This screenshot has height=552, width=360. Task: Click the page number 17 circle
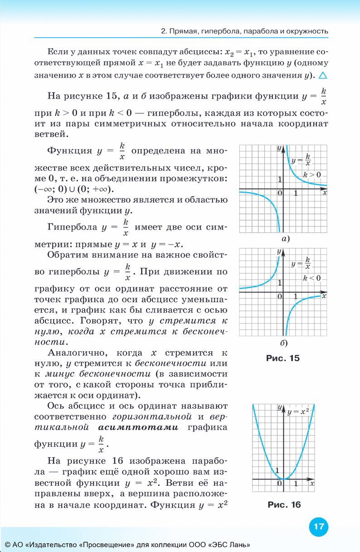pos(318,527)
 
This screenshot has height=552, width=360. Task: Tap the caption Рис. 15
pos(282,358)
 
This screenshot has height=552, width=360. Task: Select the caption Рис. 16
pos(284,504)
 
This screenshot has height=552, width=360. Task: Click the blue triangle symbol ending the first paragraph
pos(323,75)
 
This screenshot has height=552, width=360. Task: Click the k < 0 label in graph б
pos(311,277)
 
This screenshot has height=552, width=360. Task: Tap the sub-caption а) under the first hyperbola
pos(286,238)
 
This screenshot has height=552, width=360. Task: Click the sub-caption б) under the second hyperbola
pos(284,342)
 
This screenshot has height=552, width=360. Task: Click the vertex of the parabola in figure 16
pos(283,479)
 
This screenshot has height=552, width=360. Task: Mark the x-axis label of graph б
pos(324,295)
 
